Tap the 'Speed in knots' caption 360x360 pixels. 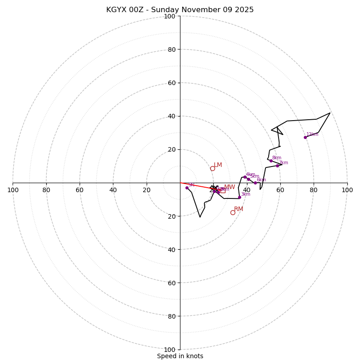[x=180, y=356]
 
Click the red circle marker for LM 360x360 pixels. [x=212, y=168]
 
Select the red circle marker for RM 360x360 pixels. [x=233, y=212]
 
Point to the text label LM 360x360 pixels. [x=218, y=165]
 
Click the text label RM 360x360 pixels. [x=238, y=209]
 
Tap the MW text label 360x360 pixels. [x=229, y=187]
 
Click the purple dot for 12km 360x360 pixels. [x=305, y=137]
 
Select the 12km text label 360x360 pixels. [x=312, y=135]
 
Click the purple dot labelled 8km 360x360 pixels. [x=271, y=161]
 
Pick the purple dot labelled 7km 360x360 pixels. [x=277, y=166]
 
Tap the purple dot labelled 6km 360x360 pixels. [x=255, y=183]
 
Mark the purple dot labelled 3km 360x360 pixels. [x=239, y=197]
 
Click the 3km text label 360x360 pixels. [x=246, y=194]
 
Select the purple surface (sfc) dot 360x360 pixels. [x=187, y=188]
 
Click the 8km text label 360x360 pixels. [x=277, y=158]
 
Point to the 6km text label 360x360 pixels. [x=261, y=180]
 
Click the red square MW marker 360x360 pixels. [x=223, y=190]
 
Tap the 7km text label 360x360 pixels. [x=283, y=163]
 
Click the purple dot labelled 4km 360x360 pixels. [x=245, y=177]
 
